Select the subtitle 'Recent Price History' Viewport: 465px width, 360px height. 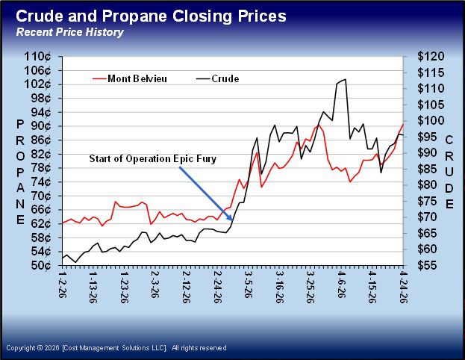(x=70, y=32)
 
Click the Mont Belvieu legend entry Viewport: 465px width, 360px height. (x=134, y=78)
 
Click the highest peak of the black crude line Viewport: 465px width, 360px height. (x=345, y=79)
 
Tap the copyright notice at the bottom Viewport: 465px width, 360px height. (x=116, y=348)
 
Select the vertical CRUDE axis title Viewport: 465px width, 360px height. (x=449, y=173)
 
